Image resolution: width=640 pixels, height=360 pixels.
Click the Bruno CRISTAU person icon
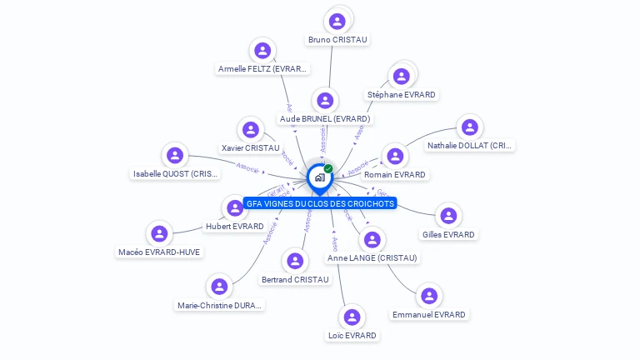[337, 22]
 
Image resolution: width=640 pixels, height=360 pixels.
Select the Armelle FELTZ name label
[262, 69]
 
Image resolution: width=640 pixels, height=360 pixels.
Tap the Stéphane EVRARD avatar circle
[402, 77]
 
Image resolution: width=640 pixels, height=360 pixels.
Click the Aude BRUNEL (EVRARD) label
[325, 119]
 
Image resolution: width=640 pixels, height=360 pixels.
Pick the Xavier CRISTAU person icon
[251, 130]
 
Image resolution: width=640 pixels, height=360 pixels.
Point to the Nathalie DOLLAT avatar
[470, 127]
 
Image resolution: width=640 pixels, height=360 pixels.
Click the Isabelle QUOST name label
[175, 174]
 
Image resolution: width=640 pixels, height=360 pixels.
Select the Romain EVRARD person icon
[395, 157]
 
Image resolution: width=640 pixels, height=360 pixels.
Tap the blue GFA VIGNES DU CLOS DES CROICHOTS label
[320, 203]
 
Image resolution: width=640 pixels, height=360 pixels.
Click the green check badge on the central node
[328, 169]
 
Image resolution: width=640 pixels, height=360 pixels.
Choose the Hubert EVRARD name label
[234, 226]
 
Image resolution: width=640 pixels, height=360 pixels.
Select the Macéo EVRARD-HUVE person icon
[160, 234]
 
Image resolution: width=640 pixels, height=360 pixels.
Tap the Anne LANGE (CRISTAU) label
[372, 258]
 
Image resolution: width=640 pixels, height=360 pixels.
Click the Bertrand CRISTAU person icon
[295, 262]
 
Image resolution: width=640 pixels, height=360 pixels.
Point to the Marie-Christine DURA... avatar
[219, 287]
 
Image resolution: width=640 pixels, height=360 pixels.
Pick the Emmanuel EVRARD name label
[429, 315]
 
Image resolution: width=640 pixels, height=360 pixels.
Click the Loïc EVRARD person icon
[352, 317]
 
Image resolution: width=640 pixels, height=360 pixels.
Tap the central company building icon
[319, 177]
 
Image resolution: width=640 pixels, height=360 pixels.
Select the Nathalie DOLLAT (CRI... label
[470, 146]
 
